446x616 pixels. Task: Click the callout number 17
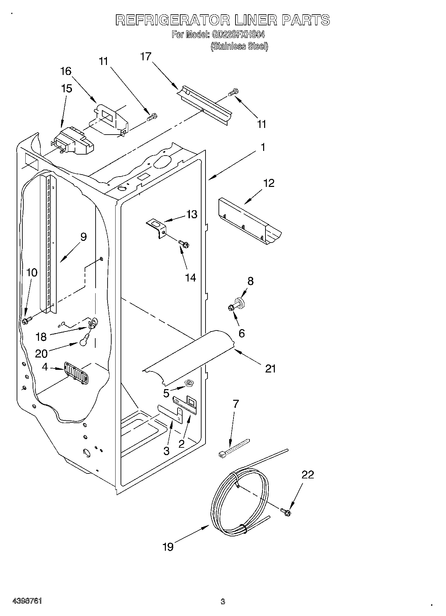(146, 57)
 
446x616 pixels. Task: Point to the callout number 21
(270, 368)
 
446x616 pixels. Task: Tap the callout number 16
(66, 71)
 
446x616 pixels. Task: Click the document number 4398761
(27, 601)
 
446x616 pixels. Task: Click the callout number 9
(83, 237)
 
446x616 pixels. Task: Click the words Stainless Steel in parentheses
(239, 46)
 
